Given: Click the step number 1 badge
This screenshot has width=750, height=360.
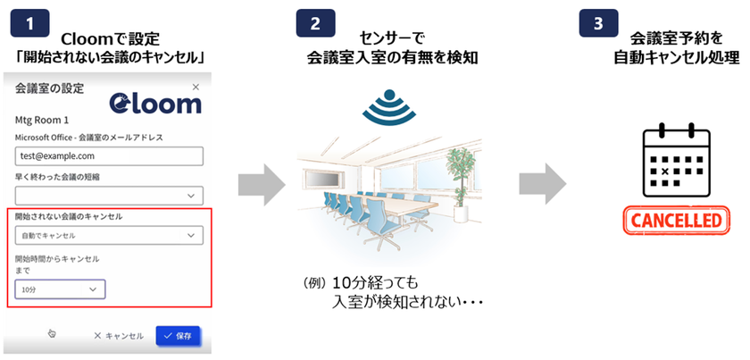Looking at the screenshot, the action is [29, 23].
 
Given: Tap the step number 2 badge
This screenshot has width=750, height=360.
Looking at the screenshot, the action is [316, 23].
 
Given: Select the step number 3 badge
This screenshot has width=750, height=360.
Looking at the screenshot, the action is [598, 23].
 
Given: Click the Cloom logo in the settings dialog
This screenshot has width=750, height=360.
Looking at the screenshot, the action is [155, 102].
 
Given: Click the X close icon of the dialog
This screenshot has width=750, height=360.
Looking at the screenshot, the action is [196, 88].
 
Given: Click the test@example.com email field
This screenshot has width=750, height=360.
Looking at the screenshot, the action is [109, 156].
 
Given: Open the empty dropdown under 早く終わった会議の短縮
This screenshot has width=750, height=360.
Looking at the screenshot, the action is [109, 196].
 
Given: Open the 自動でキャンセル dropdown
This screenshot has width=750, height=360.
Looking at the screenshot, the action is [109, 236].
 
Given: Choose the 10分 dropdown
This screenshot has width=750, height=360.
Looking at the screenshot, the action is [61, 289].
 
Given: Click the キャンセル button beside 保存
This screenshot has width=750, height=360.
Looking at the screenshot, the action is [119, 336].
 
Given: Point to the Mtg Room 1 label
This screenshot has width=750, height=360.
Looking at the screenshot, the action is [42, 121].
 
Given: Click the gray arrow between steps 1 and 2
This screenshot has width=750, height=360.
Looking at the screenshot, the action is [262, 185].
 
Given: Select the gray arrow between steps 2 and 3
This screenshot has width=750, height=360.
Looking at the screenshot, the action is [543, 183].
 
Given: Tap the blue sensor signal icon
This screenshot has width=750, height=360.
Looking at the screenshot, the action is [389, 107].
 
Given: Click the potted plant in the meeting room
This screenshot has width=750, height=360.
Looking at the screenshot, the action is [459, 184].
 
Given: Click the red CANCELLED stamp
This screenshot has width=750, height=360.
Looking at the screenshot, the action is [677, 221].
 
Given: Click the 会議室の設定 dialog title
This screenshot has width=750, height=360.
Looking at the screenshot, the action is [49, 88].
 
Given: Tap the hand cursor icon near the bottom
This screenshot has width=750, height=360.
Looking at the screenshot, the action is [52, 333].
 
